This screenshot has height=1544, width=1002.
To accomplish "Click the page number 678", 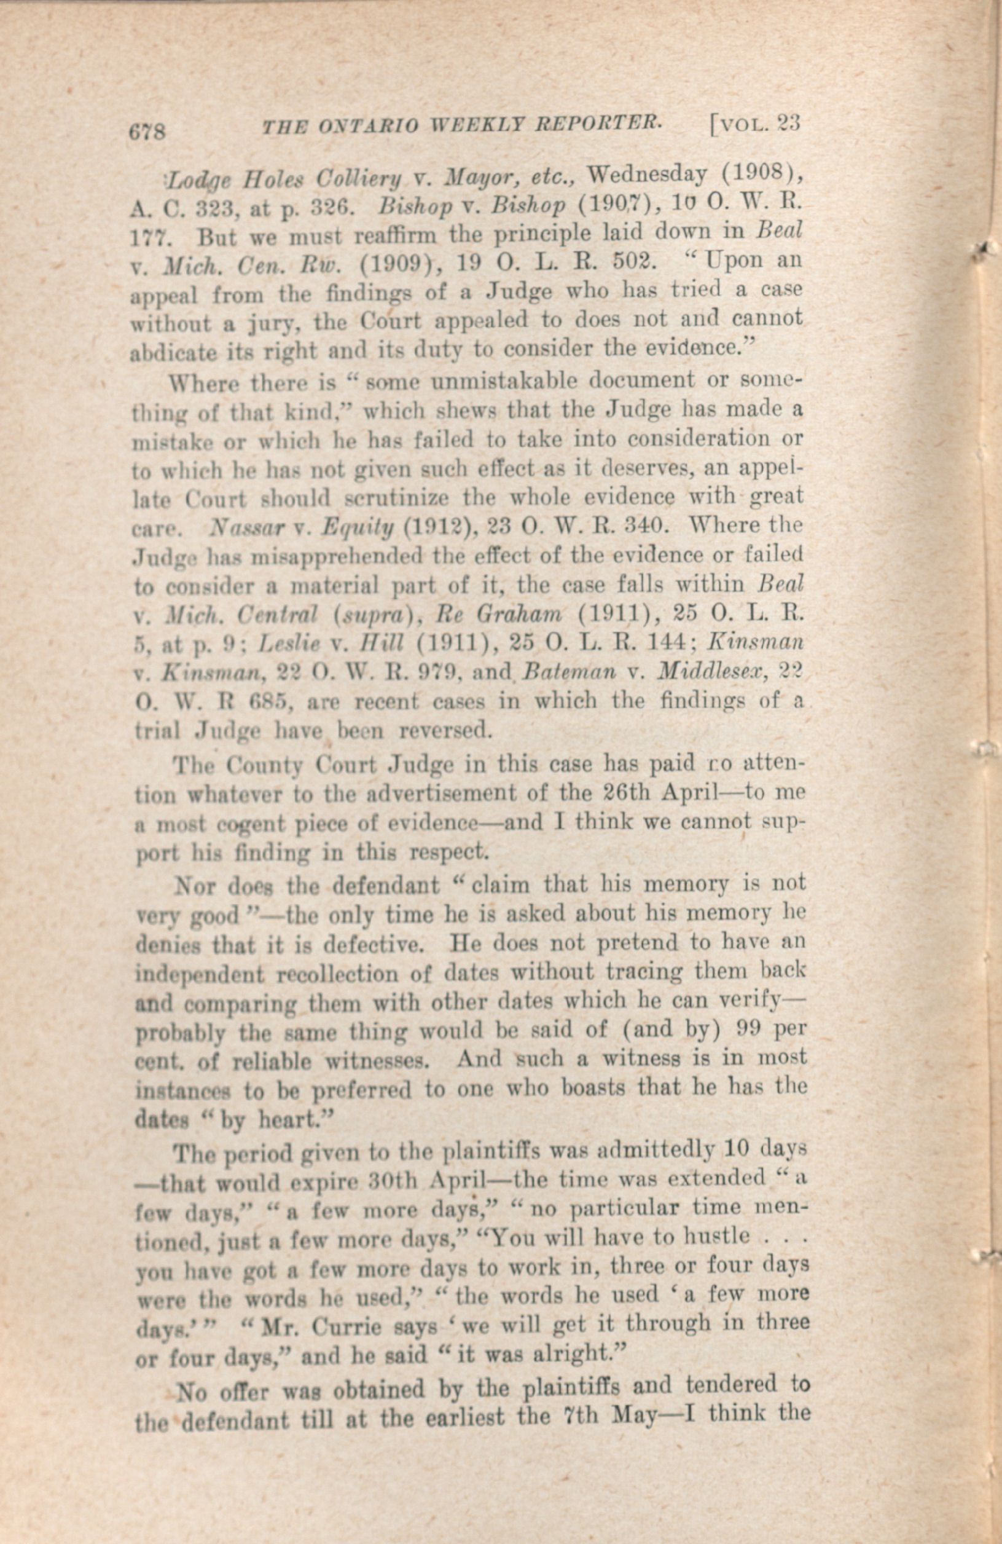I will (149, 131).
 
